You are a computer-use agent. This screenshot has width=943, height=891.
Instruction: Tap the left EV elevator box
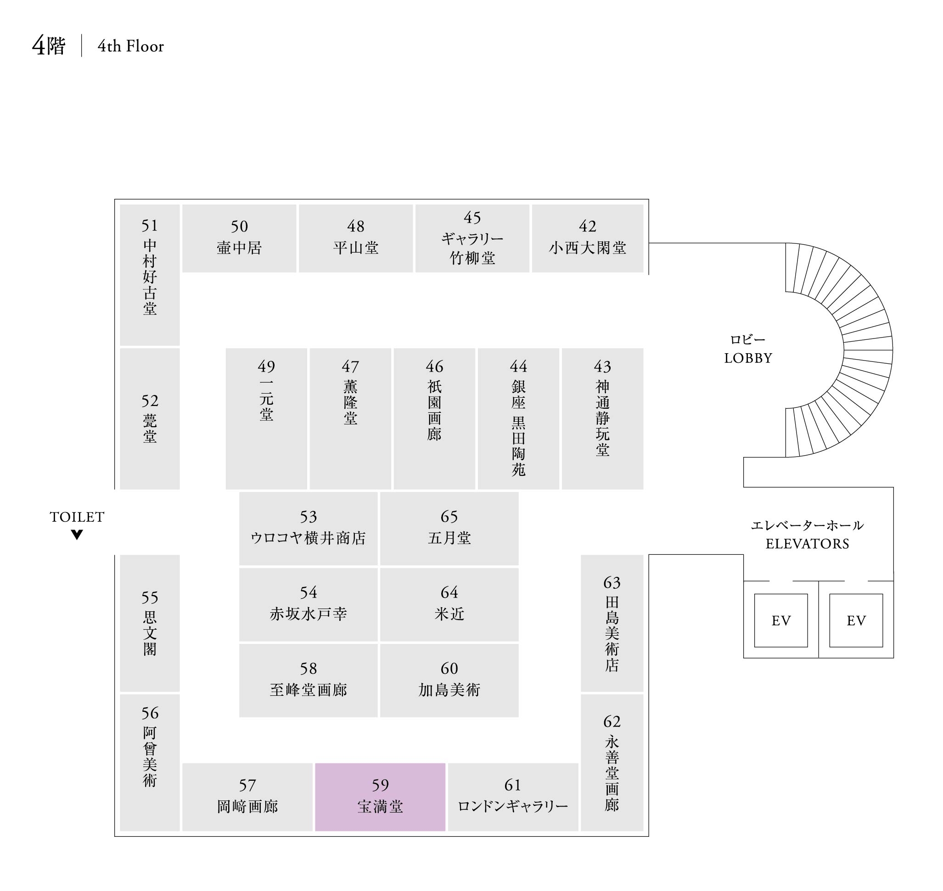point(780,620)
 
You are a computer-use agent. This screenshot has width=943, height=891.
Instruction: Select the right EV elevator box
point(856,620)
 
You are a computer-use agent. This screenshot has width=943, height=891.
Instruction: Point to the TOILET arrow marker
point(77,535)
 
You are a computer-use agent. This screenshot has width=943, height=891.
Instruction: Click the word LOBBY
point(748,358)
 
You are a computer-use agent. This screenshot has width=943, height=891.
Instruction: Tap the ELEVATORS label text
point(807,544)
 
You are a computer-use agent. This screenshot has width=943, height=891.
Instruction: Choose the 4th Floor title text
point(130,46)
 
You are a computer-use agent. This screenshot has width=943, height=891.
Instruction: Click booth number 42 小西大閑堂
point(587,238)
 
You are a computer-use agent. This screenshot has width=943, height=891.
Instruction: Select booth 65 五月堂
point(449,528)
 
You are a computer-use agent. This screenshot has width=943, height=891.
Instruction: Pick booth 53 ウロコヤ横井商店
point(308,528)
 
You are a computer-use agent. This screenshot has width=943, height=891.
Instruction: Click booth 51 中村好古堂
point(150,275)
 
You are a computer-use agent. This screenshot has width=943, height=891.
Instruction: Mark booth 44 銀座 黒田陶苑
point(518,418)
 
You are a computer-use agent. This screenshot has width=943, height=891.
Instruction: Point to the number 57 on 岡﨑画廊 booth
point(247,785)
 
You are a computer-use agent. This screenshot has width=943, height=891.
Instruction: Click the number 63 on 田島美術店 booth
point(612,583)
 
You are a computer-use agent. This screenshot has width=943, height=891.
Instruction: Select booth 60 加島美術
point(449,680)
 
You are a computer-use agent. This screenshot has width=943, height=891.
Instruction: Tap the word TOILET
point(77,517)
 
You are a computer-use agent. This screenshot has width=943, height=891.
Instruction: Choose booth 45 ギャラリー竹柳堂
point(472,238)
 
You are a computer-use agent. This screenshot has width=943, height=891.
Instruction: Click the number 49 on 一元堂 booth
point(266,367)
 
